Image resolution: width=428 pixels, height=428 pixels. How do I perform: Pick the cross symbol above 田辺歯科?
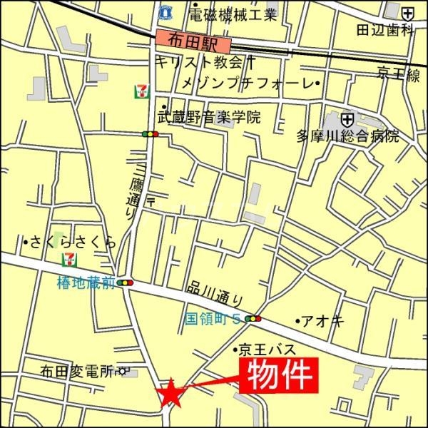click(x=407, y=13)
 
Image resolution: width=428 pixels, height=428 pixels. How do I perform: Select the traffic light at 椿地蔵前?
click(x=127, y=283)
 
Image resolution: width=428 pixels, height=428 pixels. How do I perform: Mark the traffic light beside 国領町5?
click(x=253, y=318)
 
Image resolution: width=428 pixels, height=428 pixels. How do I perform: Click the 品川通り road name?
click(x=216, y=292)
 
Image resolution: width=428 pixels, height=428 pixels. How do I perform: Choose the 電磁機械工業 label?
click(x=233, y=14)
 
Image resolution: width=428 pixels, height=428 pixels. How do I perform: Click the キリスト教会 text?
click(x=200, y=61)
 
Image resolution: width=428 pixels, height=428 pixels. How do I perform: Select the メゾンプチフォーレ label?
click(x=247, y=84)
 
